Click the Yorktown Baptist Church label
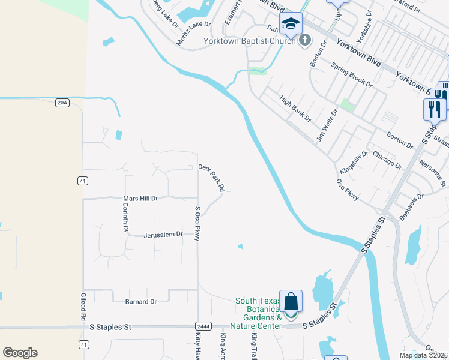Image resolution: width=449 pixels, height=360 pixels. pos(250,41)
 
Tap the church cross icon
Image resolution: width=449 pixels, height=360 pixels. pos(305,40)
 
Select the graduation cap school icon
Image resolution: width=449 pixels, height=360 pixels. pos(291,23)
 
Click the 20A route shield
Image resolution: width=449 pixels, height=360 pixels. pos(62,103)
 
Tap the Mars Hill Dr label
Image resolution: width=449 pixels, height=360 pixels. pos(140,198)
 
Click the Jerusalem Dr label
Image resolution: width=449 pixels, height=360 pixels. pos(163,235)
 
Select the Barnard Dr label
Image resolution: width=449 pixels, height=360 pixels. pos(140,301)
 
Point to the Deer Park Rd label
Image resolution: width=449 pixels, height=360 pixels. pos(211,178)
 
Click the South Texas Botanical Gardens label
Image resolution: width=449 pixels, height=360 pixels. pos(259,313)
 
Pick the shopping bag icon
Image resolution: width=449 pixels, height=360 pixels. pos(291,301)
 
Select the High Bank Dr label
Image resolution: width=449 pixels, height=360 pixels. pos(295,108)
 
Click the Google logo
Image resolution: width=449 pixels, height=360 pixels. pos(20,353)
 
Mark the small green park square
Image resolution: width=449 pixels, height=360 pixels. pos(347,105)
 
